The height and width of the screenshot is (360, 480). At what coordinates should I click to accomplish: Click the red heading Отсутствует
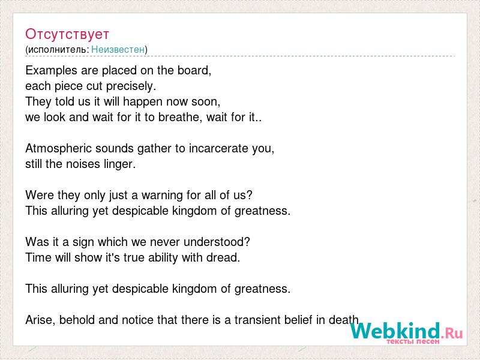67,34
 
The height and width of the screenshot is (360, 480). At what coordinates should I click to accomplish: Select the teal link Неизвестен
118,49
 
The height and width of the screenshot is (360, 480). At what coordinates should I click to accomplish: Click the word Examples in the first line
52,71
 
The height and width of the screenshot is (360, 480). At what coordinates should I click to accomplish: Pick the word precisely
131,86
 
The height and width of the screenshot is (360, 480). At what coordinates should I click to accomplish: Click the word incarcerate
218,148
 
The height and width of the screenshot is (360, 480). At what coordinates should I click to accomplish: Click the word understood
217,242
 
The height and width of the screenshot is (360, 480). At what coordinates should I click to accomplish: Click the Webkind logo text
395,331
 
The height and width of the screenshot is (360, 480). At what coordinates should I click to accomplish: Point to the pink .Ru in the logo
452,333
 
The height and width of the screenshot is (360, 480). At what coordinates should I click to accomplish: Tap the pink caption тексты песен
413,341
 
